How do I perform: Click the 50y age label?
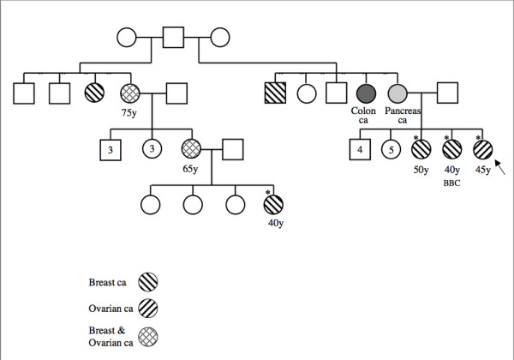pyautogui.click(x=421, y=170)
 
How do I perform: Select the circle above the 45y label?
pyautogui.click(x=482, y=149)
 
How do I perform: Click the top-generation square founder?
pyautogui.click(x=174, y=39)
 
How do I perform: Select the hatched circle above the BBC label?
pyautogui.click(x=451, y=149)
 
